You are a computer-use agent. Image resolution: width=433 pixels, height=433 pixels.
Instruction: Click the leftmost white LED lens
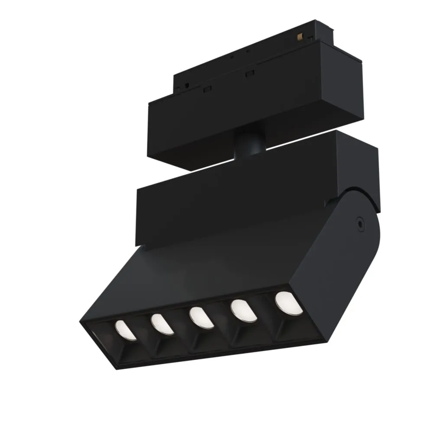126,330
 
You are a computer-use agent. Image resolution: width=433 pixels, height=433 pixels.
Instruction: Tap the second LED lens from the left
162,324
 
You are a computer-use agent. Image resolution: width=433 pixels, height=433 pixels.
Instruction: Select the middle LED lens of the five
200,317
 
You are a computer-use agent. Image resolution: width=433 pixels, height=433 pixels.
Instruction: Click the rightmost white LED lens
288,302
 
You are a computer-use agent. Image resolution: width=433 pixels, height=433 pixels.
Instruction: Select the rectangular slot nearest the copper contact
249,74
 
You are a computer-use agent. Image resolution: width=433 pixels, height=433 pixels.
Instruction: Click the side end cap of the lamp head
338,268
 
